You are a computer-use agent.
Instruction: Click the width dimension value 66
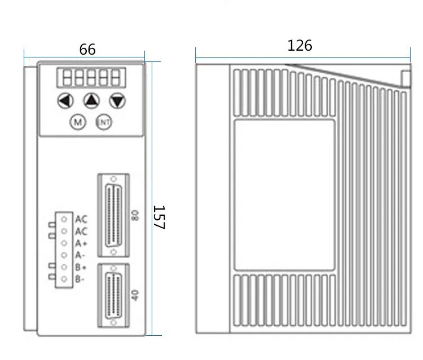(x=87, y=50)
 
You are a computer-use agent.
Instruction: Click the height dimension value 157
(x=159, y=217)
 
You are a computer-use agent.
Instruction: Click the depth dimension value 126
(x=299, y=46)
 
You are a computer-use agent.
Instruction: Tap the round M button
(x=78, y=122)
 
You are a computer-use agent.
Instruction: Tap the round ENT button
(x=104, y=122)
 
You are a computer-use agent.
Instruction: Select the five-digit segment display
(x=91, y=78)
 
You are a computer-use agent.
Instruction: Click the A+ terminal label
(x=81, y=243)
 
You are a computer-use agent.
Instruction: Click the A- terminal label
(x=80, y=255)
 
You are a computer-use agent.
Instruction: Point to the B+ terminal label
(x=81, y=267)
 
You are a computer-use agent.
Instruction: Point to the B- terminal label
(x=80, y=279)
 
